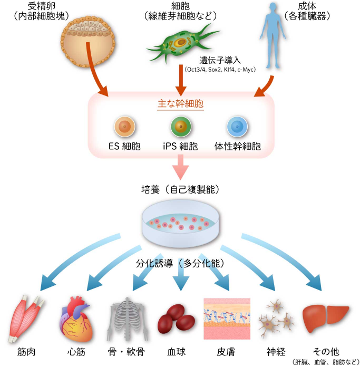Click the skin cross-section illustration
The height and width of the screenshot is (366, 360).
[226, 319]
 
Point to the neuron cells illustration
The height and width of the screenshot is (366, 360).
[276, 316]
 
